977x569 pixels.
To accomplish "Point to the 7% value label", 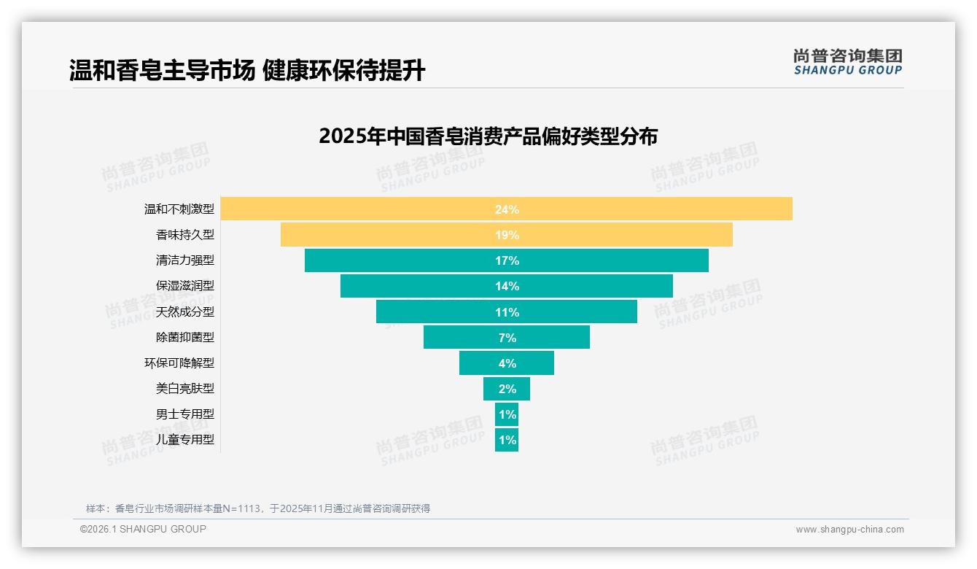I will (507, 338).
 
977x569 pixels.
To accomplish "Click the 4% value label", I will (507, 363).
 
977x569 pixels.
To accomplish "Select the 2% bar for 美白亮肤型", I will (507, 389).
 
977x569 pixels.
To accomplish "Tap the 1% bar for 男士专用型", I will (507, 414).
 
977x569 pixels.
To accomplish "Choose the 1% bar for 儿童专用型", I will (507, 440).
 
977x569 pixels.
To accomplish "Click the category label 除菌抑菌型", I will (185, 337).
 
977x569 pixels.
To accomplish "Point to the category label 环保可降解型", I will (179, 363).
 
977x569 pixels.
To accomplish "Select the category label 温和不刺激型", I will (179, 209).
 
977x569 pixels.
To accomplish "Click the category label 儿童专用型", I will (185, 440).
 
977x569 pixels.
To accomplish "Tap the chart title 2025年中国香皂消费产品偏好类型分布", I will (488, 136).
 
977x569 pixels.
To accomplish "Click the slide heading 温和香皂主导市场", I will (162, 71).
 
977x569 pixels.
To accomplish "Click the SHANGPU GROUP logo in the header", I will (847, 62).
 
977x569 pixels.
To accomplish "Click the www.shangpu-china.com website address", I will (849, 530).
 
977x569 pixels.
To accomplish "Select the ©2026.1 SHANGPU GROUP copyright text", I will (143, 529).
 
